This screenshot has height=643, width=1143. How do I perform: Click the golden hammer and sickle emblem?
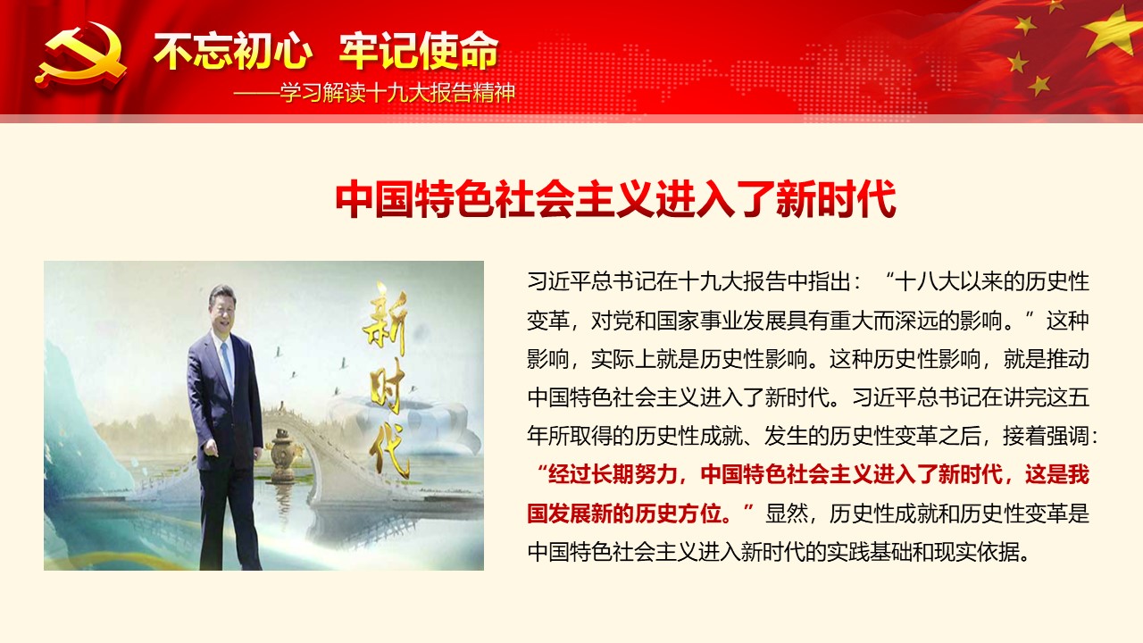click(80, 54)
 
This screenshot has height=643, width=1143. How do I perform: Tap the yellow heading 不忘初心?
click(233, 51)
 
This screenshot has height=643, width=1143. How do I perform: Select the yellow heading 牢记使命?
click(419, 51)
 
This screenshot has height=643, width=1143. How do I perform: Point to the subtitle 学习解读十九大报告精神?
click(397, 93)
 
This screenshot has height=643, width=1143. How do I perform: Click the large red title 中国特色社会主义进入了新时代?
click(615, 199)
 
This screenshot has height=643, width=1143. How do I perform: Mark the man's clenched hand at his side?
click(209, 447)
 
